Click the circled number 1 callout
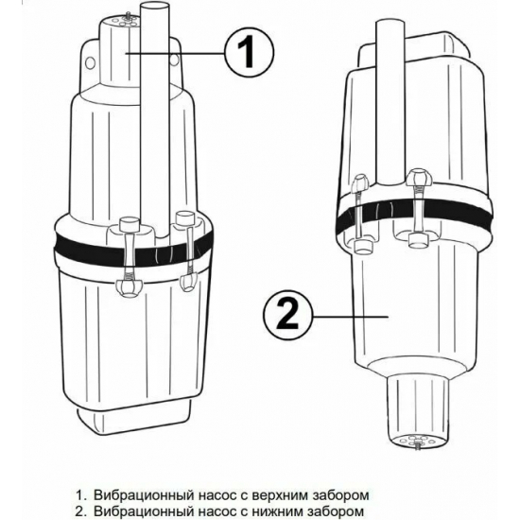[x=250, y=52]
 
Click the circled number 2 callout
[x=287, y=317]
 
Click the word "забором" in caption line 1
[x=341, y=495]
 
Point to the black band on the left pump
[x=132, y=251]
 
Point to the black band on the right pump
[x=414, y=216]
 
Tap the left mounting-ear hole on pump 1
[x=90, y=62]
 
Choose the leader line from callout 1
[x=175, y=52]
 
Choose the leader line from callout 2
[x=350, y=317]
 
